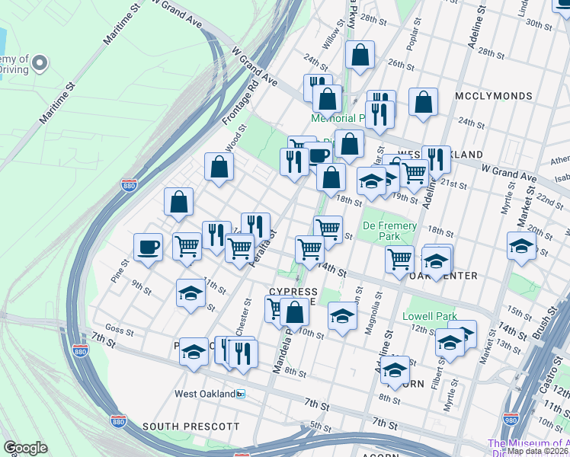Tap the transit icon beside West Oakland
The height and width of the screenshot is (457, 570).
(x=241, y=394)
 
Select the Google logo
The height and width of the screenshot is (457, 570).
(x=25, y=448)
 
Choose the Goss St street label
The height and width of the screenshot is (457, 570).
(x=120, y=332)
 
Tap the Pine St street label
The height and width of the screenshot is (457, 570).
(x=120, y=270)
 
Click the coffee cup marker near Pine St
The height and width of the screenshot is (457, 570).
(x=148, y=247)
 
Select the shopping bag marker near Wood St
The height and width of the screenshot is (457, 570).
(x=219, y=169)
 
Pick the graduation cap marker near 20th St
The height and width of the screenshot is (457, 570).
(x=521, y=247)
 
